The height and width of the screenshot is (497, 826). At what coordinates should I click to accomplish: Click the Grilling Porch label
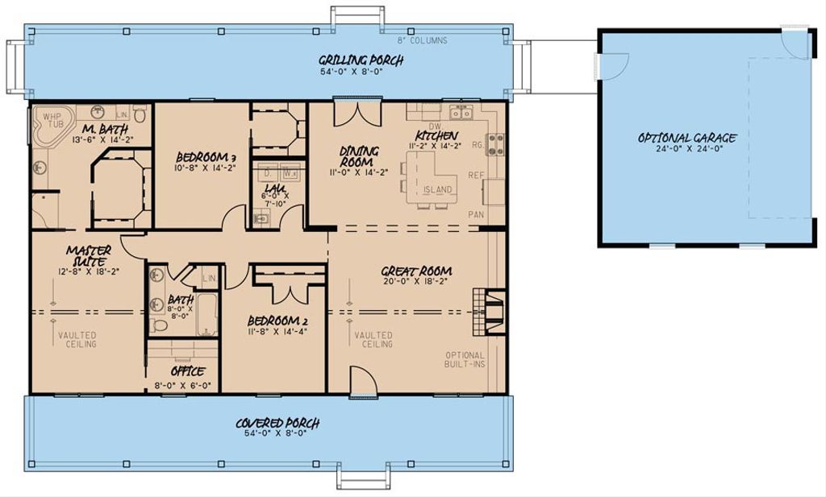point(361,60)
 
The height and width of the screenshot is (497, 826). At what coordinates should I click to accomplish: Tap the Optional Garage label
point(686,138)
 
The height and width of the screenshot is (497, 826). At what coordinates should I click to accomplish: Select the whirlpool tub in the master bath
point(52,126)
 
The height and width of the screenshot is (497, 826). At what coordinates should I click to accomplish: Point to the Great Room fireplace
point(490,311)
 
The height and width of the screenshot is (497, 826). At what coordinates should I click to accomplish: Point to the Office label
point(187,371)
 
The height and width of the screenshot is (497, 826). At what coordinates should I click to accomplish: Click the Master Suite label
point(89,256)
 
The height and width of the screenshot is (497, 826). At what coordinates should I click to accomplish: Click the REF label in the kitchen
point(476,175)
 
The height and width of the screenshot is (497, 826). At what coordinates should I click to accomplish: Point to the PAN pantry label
point(476,215)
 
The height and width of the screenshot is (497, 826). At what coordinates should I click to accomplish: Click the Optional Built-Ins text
point(465,360)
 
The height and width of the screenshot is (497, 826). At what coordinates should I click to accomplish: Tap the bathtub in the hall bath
point(207,314)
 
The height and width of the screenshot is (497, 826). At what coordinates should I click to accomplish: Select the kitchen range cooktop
point(495,144)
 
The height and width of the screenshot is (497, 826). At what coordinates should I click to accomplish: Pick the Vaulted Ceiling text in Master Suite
point(77,339)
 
